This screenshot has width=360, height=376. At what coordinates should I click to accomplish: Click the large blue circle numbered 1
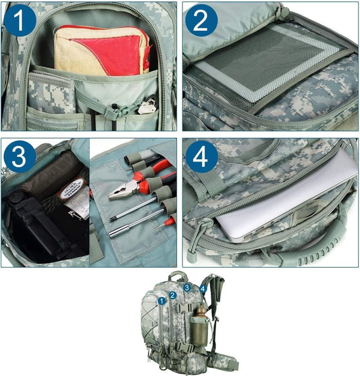point(20,20)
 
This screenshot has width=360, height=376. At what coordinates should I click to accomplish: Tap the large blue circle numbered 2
point(201,20)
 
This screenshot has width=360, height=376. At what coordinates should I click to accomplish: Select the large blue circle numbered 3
point(20,157)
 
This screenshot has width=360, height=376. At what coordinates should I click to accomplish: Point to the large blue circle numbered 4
point(201,157)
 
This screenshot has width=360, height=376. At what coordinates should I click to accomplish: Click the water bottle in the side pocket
point(199,325)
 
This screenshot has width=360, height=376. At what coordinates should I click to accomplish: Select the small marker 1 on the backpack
point(162,301)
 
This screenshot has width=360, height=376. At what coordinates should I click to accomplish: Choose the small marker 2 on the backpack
point(172,296)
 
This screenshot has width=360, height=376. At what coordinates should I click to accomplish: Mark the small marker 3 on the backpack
point(187,287)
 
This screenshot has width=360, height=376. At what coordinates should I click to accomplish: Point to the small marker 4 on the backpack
point(203,289)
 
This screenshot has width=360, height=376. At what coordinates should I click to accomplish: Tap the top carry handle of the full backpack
point(178,276)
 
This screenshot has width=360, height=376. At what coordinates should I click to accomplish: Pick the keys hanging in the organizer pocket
point(147,106)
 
